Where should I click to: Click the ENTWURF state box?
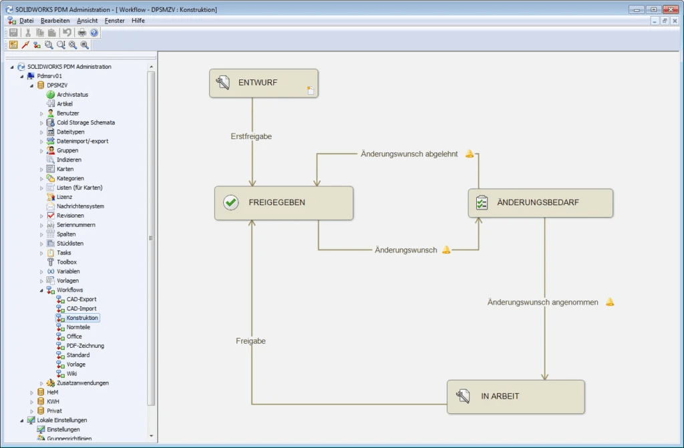tap(263, 83)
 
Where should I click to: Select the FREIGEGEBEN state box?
tap(283, 202)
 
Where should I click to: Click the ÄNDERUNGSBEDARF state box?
tap(540, 202)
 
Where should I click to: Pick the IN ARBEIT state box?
tap(515, 397)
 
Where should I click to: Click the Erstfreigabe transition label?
tap(251, 136)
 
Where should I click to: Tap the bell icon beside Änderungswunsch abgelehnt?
tap(470, 154)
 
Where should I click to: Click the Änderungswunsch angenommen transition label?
tap(542, 302)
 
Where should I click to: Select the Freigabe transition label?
tap(250, 341)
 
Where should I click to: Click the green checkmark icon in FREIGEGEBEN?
tap(230, 202)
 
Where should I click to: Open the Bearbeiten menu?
tap(55, 21)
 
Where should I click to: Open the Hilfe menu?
tap(138, 21)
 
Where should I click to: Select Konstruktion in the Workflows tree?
tap(82, 318)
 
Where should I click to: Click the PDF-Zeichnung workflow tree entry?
tap(85, 346)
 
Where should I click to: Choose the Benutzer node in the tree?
tap(67, 114)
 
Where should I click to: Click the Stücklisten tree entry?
tap(69, 244)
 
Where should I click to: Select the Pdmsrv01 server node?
tap(49, 76)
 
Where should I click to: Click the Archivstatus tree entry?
tap(72, 95)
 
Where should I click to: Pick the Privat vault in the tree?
tap(54, 411)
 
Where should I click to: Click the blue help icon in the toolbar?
tap(94, 32)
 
